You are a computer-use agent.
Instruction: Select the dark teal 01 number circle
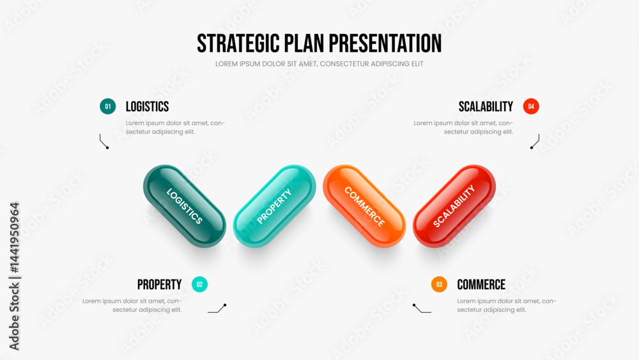point(107,106)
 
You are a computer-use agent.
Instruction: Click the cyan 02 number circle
point(199,284)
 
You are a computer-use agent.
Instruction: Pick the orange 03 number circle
point(439,284)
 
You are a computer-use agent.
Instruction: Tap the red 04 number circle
point(531,106)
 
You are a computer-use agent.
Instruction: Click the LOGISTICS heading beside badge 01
point(147,107)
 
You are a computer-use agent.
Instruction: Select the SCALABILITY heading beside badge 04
point(486,107)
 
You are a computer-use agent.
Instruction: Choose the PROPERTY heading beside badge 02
point(159,285)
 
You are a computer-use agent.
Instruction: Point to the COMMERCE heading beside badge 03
point(481,285)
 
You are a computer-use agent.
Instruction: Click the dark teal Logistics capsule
point(185,206)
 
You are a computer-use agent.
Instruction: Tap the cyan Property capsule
point(274,206)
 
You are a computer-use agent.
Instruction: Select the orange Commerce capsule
point(364,206)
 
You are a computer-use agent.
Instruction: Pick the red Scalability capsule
point(454,206)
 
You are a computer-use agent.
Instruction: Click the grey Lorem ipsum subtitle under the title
point(319,64)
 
